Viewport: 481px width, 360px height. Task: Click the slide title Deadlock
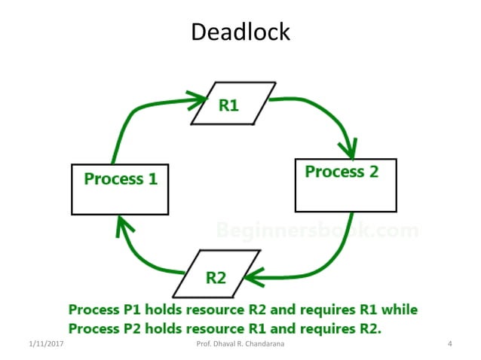coord(240,32)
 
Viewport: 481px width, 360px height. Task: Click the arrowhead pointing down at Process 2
coord(348,145)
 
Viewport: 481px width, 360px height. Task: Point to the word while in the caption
coord(399,310)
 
